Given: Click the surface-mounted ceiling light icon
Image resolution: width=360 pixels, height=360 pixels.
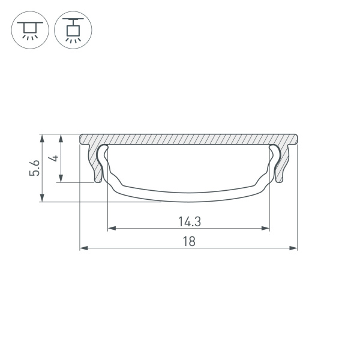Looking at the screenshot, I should coord(28,29).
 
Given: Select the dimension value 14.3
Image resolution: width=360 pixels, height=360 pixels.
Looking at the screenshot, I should coord(188,221).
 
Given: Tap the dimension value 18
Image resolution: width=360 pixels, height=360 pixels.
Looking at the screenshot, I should coord(188,241).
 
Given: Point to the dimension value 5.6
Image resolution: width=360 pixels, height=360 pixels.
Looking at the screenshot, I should coord(35,168).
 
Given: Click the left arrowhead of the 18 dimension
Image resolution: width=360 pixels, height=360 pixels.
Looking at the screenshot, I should coord(83,247).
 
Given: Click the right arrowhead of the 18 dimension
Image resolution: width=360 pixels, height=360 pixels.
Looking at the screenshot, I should coord(294,247).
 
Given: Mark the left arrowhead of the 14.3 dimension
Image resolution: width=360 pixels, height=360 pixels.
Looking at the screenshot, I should coord(111,228).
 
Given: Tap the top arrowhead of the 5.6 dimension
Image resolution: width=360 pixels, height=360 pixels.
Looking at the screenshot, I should coord(42,137).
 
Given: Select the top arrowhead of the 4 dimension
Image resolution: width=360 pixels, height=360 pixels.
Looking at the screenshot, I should coord(61,137).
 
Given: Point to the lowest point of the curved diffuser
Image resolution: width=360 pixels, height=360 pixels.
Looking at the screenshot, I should coord(188,200).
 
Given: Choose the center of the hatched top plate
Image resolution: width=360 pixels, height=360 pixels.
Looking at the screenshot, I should coord(188,139).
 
